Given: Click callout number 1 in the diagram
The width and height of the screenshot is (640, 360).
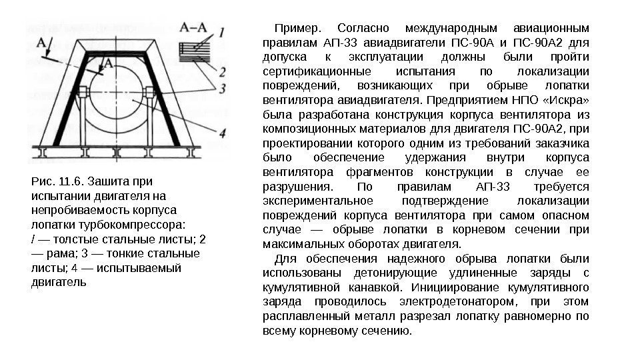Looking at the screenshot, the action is (x=221, y=31).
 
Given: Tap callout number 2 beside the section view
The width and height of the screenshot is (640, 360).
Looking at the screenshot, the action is (x=222, y=71).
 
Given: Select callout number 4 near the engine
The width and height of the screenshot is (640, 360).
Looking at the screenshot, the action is (x=222, y=132).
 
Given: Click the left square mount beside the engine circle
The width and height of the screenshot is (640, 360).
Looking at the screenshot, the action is (x=84, y=91).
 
